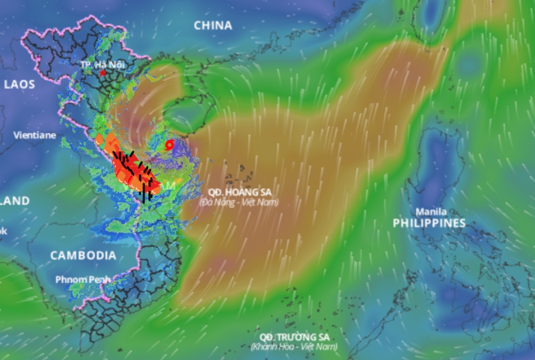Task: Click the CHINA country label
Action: [x=213, y=25]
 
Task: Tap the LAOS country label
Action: [x=19, y=84]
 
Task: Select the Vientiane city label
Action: [x=35, y=135]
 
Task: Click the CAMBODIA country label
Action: [x=83, y=256]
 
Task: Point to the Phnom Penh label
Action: [x=83, y=279]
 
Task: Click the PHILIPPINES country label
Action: [x=429, y=223]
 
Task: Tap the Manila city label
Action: [x=431, y=211]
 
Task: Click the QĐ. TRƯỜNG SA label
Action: [x=295, y=337]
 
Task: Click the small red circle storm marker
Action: [x=169, y=144]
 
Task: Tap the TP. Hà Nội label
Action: [x=102, y=64]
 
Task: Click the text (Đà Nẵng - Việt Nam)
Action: [x=239, y=202]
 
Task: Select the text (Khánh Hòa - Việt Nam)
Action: [x=294, y=347]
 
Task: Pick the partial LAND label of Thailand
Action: [x=15, y=201]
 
